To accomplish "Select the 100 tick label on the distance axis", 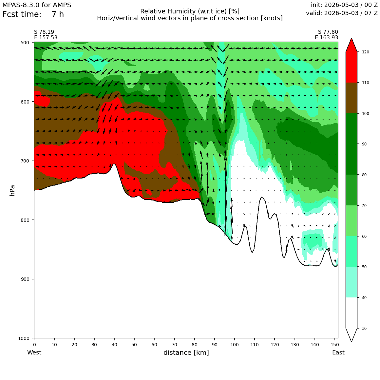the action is point(235,345).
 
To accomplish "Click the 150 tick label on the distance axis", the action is point(335,345).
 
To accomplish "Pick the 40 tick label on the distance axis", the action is point(114,345).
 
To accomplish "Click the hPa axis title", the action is point(12,190).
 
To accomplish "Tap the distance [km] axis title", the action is point(186,352).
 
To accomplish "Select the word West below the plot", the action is point(34,352).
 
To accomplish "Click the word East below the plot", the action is point(338,352).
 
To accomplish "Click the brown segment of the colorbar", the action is point(351,98).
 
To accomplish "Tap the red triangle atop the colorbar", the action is point(351,45).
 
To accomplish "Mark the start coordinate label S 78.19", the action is point(44,32).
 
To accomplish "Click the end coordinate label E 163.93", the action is point(326,38).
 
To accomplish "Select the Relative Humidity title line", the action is point(190,11).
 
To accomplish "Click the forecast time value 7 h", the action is point(58,14).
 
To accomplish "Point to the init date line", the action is point(344,5).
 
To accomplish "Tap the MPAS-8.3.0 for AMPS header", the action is point(37,5).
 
